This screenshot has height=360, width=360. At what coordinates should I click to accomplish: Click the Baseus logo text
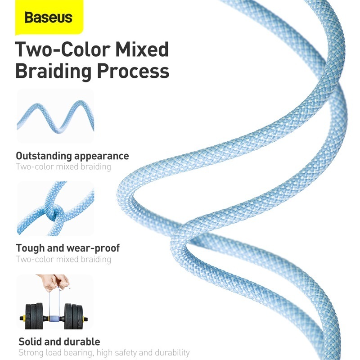(49, 18)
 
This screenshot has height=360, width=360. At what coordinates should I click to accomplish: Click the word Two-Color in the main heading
(63, 49)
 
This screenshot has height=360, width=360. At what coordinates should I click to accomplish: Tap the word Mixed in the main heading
(142, 49)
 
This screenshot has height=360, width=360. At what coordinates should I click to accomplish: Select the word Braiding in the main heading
(54, 72)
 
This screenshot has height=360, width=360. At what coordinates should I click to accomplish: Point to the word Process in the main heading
(133, 72)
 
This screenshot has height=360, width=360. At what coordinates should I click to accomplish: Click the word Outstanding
(44, 156)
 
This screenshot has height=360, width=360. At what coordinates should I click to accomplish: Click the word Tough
(30, 248)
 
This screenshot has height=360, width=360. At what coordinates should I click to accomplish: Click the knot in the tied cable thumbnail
(55, 213)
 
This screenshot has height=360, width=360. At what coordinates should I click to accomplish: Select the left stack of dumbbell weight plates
(34, 316)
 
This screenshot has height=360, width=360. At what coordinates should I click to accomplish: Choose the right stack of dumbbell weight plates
(73, 316)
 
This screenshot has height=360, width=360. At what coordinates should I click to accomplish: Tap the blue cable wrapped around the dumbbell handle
(54, 319)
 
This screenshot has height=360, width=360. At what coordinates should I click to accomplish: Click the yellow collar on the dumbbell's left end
(22, 319)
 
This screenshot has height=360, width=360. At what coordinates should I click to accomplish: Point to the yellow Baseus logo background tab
(49, 17)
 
